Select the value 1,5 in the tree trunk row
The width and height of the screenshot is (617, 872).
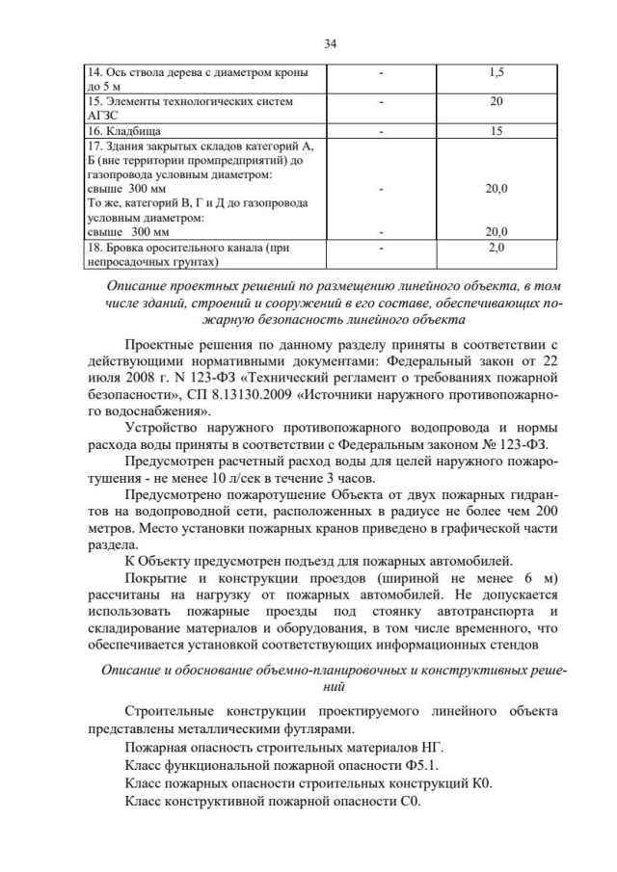(x=496, y=72)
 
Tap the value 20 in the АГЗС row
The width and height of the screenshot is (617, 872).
(x=496, y=100)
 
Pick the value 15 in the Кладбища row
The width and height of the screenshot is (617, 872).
(x=496, y=129)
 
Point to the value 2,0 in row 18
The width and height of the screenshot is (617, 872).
(x=496, y=248)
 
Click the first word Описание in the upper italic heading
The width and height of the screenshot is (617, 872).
(x=139, y=286)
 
